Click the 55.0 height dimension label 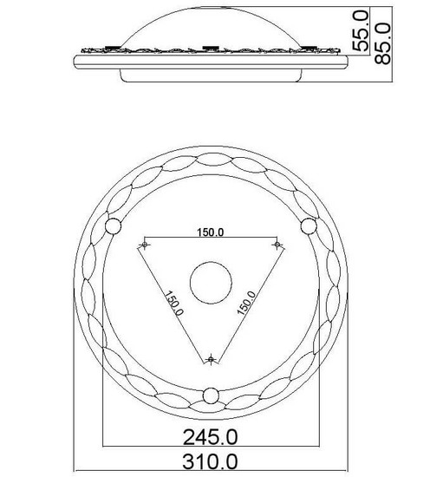pos(361,30)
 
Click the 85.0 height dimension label pos(382,43)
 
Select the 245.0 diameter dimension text pos(211,437)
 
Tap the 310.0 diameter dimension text pos(210,461)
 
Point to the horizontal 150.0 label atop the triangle pos(211,232)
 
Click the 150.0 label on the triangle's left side pos(174,304)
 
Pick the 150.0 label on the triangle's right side pos(246,303)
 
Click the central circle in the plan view pos(211,283)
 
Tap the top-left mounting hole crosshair pos(145,245)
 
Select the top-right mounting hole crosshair pos(277,245)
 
